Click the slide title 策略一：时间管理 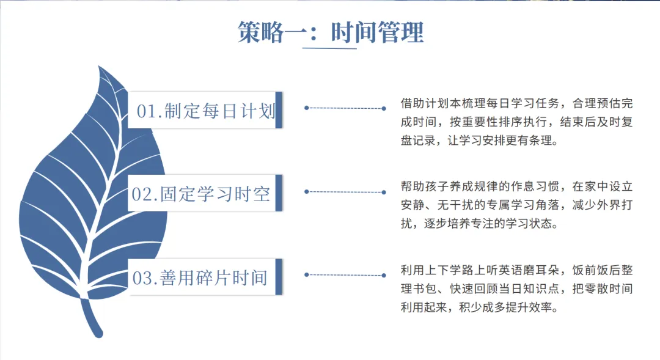click(x=331, y=32)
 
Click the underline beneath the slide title click(x=329, y=48)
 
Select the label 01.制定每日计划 click(x=206, y=111)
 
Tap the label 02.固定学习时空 click(x=201, y=194)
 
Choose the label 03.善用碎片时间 click(x=200, y=278)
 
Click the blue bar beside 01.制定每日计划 click(x=279, y=110)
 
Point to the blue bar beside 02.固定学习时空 click(x=279, y=193)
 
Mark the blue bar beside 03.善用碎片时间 click(x=279, y=277)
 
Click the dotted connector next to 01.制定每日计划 click(x=345, y=108)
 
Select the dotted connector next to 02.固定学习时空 click(x=345, y=192)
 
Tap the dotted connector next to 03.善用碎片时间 click(x=345, y=275)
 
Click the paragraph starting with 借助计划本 click(x=516, y=122)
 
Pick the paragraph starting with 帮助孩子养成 click(x=516, y=205)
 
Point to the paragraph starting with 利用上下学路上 click(x=516, y=288)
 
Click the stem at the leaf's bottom click(x=91, y=318)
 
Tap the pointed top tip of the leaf click(x=99, y=66)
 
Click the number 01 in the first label click(x=147, y=111)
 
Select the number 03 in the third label click(x=142, y=278)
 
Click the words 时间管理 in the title click(x=377, y=32)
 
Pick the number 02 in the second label click(x=141, y=194)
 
